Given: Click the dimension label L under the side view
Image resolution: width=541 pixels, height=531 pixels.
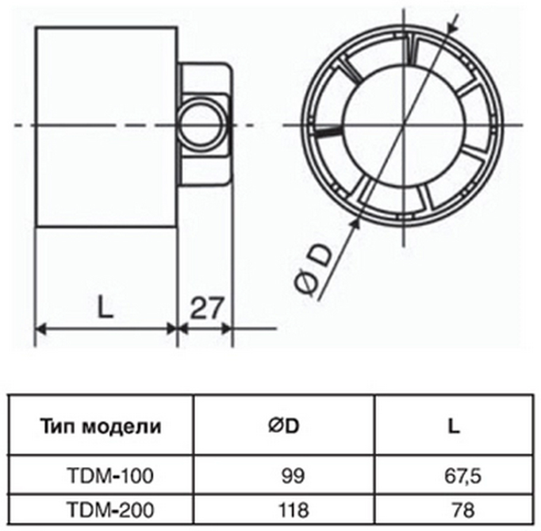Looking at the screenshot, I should tap(105, 308).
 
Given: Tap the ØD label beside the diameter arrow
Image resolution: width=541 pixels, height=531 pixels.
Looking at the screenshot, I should tap(314, 270).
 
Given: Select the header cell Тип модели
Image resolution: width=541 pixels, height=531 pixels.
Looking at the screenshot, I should tap(101, 426).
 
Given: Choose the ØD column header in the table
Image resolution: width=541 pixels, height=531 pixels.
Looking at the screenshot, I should tap(283, 426).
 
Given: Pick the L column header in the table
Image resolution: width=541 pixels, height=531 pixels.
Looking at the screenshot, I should tap(454, 426).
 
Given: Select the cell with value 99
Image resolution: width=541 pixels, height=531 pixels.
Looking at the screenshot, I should tap(283, 476).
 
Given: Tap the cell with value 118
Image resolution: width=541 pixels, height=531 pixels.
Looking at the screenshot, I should tap(283, 508).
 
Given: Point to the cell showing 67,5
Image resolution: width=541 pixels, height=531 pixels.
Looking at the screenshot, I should tap(454, 476).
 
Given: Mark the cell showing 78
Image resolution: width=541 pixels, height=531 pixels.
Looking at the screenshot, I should tap(454, 508).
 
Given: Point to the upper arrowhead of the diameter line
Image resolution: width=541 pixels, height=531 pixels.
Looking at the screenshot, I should tap(451, 25).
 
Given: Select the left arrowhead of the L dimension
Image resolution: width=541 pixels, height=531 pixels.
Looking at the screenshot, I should tap(42, 328).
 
